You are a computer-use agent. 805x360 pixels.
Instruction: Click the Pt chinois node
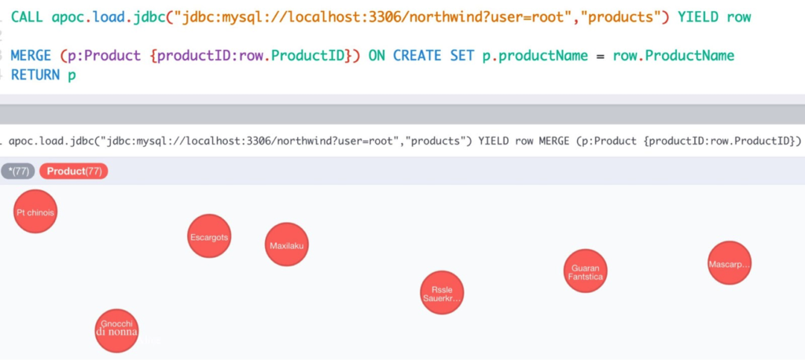(x=35, y=212)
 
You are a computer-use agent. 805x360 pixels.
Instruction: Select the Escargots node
(x=209, y=236)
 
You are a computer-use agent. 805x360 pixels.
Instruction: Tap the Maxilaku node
(x=287, y=245)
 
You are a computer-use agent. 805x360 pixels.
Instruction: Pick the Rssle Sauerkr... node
(x=442, y=292)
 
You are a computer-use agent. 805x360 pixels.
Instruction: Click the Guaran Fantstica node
(x=586, y=272)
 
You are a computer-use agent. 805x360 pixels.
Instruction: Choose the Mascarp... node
(x=730, y=263)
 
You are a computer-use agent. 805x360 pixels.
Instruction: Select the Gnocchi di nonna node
(x=117, y=329)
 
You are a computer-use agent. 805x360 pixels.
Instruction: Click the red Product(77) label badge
(x=74, y=171)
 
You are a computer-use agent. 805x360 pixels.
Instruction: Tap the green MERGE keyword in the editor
(x=32, y=56)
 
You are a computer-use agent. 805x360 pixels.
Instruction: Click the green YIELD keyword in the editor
(x=697, y=17)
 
